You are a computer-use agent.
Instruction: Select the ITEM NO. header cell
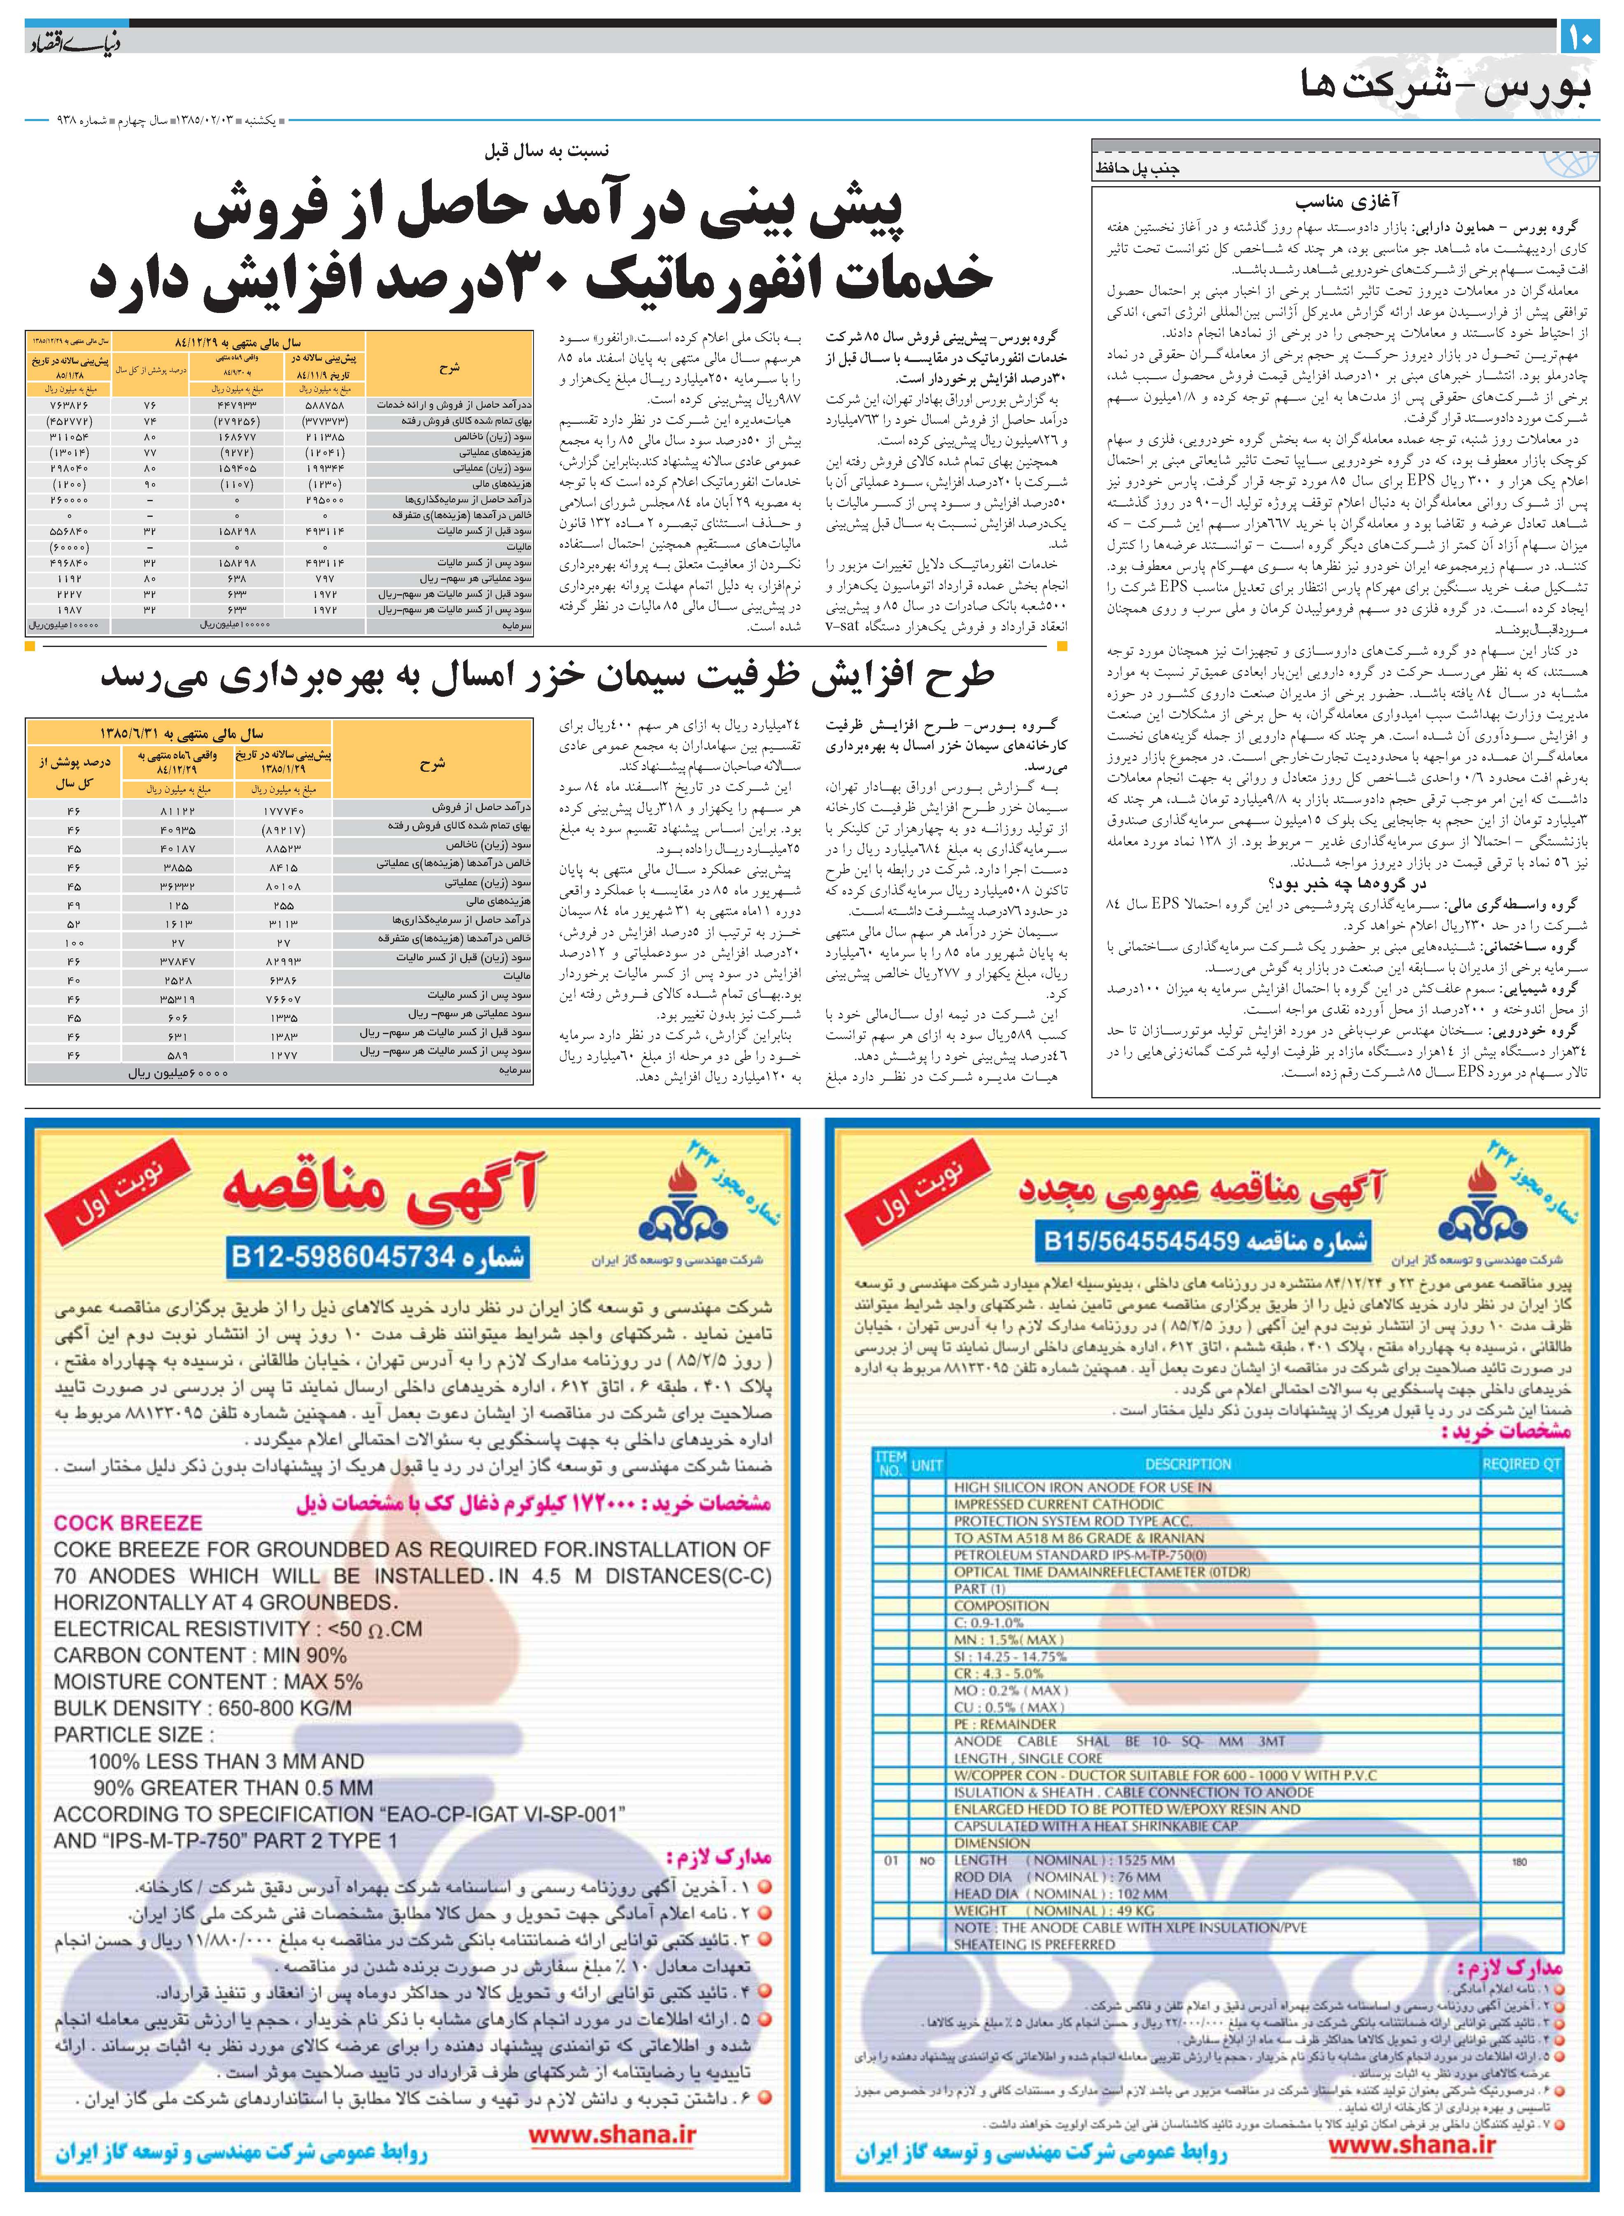coord(890,1464)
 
